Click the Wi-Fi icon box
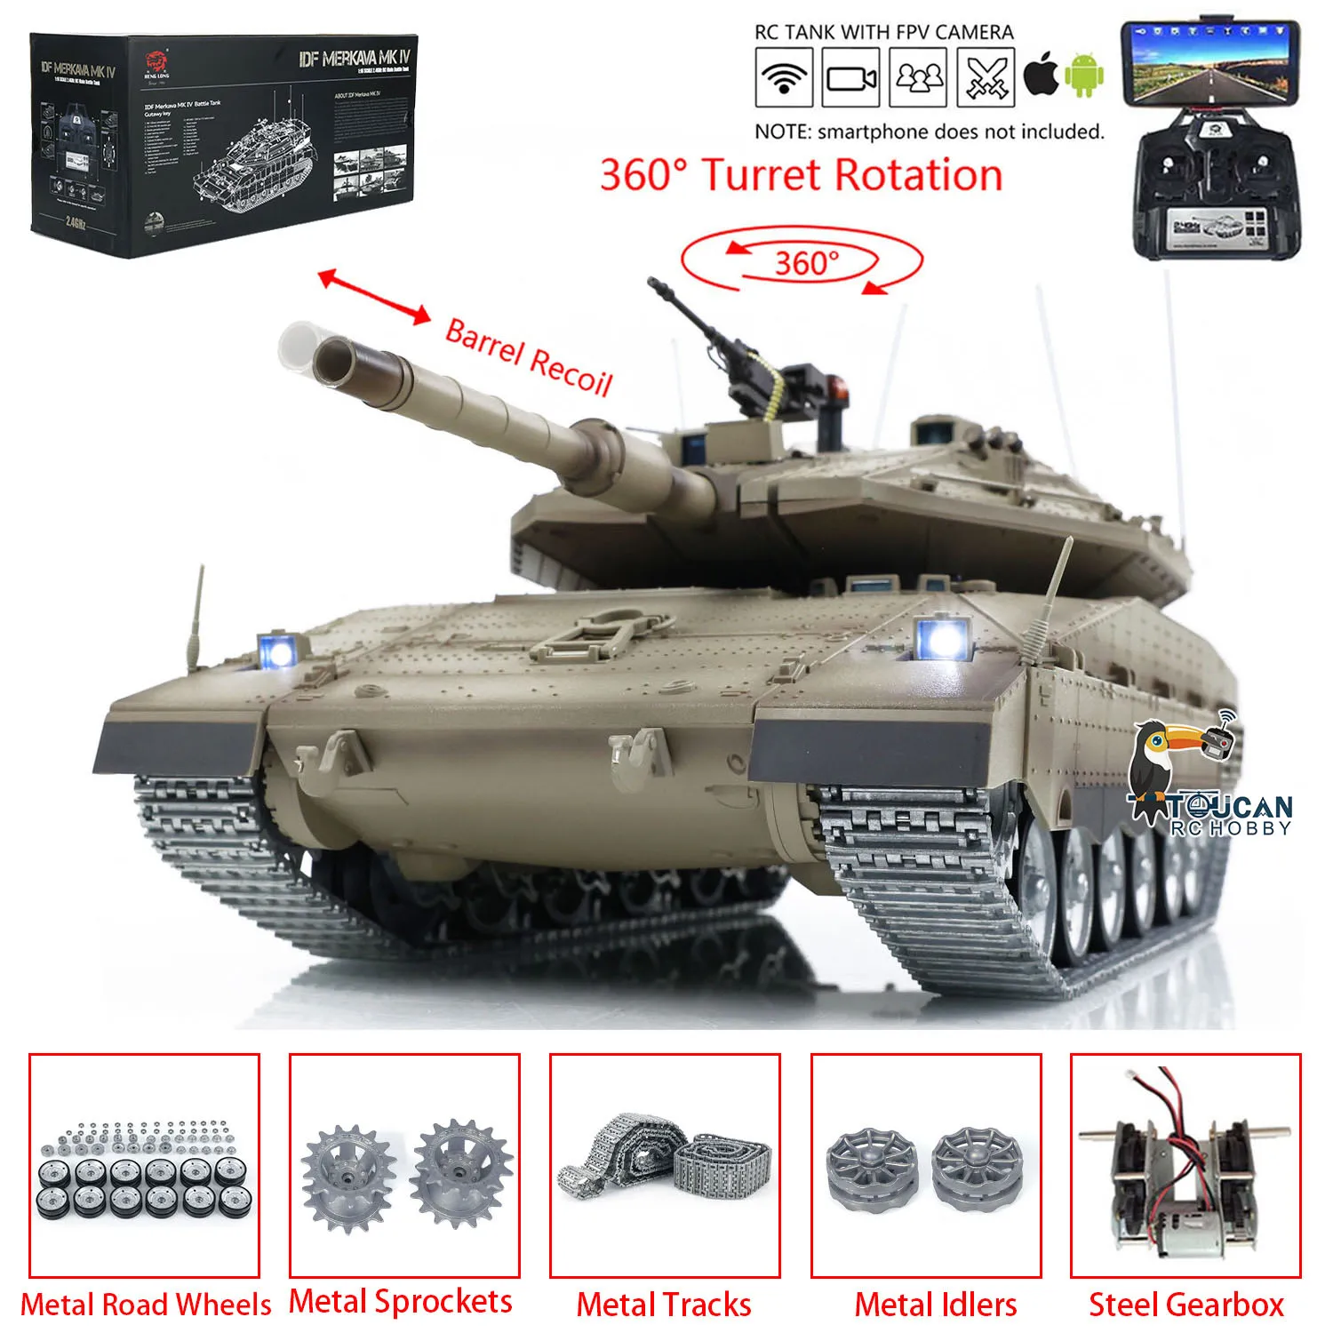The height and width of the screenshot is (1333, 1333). coord(783,77)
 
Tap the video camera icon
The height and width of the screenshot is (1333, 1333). coord(850,77)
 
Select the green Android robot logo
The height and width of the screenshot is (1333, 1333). coord(1083,76)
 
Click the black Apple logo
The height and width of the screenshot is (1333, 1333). coord(1041,76)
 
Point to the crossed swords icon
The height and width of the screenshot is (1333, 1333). coord(986,77)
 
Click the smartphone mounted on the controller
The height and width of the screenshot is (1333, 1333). coord(1209,61)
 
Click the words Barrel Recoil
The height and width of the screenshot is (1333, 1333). coord(529,356)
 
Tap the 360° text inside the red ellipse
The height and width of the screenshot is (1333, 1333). coord(806,263)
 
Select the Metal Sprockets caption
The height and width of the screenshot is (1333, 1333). coord(401,1301)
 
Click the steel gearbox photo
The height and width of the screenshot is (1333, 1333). coord(1185,1165)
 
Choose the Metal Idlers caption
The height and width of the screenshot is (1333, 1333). coord(935,1305)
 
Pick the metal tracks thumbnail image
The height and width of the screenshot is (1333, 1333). coord(665,1165)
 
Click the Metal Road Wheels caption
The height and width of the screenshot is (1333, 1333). coord(146,1305)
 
